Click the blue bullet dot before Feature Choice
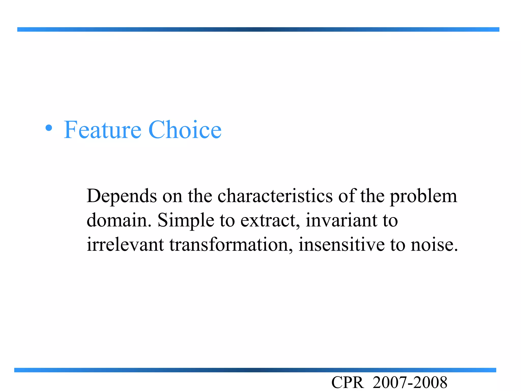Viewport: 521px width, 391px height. click(x=49, y=128)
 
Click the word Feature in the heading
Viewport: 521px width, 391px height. click(x=102, y=130)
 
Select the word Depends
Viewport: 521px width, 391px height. click(x=122, y=197)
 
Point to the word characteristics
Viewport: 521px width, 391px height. click(x=275, y=196)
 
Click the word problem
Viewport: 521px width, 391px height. click(x=423, y=197)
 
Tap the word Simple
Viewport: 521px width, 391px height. click(x=186, y=220)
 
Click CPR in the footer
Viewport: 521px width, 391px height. click(x=347, y=383)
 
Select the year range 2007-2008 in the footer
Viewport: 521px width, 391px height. click(x=410, y=383)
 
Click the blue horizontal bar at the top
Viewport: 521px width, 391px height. click(x=258, y=30)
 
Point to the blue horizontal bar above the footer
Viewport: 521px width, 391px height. click(x=255, y=370)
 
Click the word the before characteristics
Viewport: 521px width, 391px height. click(x=200, y=196)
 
